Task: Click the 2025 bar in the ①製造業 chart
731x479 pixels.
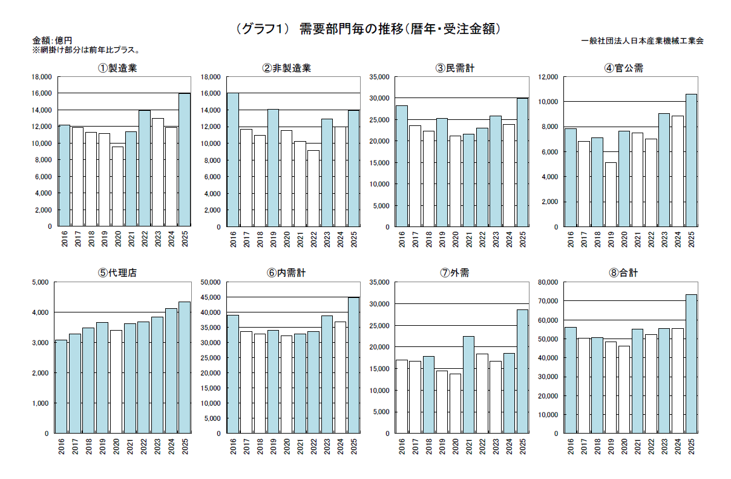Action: [185, 160]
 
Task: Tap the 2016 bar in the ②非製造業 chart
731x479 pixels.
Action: [233, 160]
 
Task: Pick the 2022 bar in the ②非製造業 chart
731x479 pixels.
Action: [313, 188]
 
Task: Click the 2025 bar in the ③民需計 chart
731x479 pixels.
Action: [523, 162]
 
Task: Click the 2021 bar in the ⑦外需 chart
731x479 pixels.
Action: [468, 385]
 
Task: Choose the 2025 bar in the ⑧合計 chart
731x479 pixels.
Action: [691, 364]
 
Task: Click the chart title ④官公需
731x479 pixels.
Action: [623, 68]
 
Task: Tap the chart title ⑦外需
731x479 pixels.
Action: [454, 273]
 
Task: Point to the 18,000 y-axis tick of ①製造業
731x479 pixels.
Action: [42, 77]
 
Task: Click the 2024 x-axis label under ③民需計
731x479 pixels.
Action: [510, 240]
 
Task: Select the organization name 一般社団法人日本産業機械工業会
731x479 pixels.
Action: [642, 41]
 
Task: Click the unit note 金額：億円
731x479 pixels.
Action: [52, 41]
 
